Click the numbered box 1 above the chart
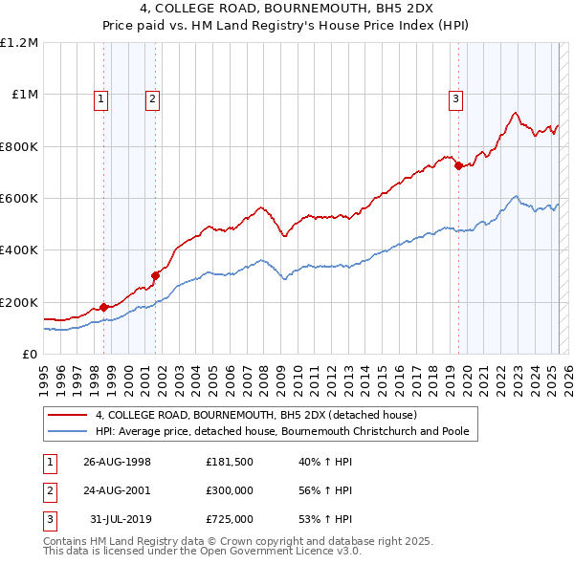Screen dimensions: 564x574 [101, 97]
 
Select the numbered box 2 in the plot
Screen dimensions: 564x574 [152, 97]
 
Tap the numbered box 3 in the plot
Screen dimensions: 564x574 [456, 97]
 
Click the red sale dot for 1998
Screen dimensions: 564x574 [103, 307]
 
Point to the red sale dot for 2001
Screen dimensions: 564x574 [155, 276]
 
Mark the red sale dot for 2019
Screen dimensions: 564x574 [458, 166]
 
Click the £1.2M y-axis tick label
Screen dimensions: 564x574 [19, 43]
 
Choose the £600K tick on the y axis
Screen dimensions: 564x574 [19, 199]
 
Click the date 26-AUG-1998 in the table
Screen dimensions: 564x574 [117, 462]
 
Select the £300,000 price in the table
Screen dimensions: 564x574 [229, 490]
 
